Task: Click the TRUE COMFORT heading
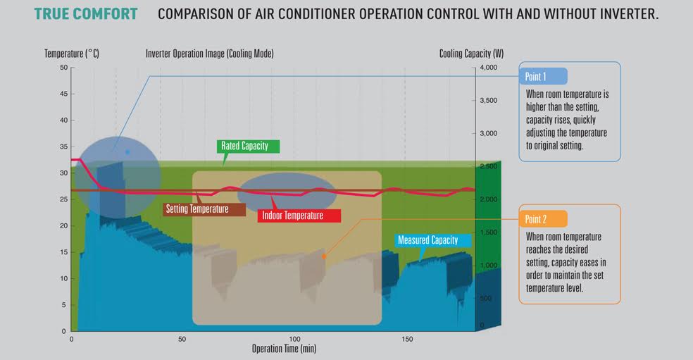pyautogui.click(x=86, y=13)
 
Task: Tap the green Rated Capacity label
pyautogui.click(x=248, y=147)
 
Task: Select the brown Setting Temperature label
pyautogui.click(x=204, y=209)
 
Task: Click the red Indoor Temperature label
pyautogui.click(x=299, y=216)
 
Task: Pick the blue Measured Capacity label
pyautogui.click(x=432, y=240)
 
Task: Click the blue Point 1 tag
pyautogui.click(x=543, y=77)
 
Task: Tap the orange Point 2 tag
pyautogui.click(x=543, y=219)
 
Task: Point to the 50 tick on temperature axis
pyautogui.click(x=64, y=67)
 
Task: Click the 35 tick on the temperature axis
pyautogui.click(x=64, y=147)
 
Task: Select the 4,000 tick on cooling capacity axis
pyautogui.click(x=488, y=67)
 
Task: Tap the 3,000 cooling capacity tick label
pyautogui.click(x=488, y=133)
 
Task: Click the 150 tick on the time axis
pyautogui.click(x=407, y=339)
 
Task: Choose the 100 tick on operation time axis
pyautogui.click(x=294, y=339)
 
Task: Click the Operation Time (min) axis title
pyautogui.click(x=285, y=349)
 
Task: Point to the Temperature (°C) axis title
pyautogui.click(x=72, y=54)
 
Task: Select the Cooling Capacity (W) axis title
pyautogui.click(x=471, y=54)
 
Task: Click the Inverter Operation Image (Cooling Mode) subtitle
pyautogui.click(x=209, y=54)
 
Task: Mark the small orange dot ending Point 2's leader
pyautogui.click(x=324, y=256)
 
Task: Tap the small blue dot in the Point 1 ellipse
pyautogui.click(x=127, y=152)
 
